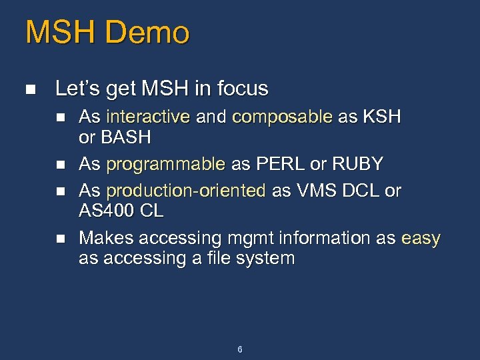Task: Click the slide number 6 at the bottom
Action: (240, 349)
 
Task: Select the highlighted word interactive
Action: (148, 117)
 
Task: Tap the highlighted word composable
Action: (282, 117)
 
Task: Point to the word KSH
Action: (381, 117)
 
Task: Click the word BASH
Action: (125, 138)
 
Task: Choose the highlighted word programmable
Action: (166, 164)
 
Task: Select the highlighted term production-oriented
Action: (186, 191)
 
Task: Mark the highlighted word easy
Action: (421, 238)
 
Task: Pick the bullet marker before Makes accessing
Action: (61, 238)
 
